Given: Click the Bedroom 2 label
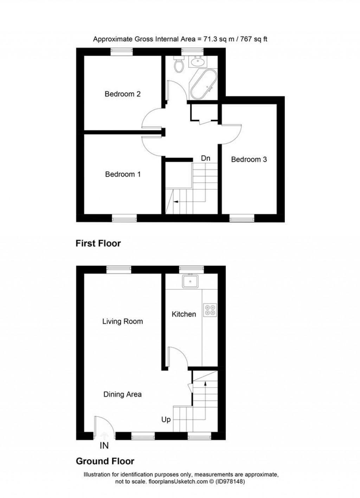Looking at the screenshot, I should tap(122, 94).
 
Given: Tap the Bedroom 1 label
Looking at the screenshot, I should tap(123, 174).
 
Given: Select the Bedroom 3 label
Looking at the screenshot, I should tap(249, 160).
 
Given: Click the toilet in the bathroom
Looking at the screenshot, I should tap(179, 65).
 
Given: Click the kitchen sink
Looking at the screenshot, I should tap(190, 281).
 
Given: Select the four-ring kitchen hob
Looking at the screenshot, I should tap(210, 309).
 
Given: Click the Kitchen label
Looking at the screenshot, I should tap(184, 314).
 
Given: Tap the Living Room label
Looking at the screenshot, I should tap(122, 321).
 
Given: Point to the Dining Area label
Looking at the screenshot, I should tap(122, 394).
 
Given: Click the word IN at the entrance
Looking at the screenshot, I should tap(104, 446).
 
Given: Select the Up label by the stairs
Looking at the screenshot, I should tap(166, 420).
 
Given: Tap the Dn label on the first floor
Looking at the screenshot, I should tap(205, 159).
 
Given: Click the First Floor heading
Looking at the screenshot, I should tap(98, 243).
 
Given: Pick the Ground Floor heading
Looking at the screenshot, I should tap(105, 461).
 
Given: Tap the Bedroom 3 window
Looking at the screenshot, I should tap(242, 219).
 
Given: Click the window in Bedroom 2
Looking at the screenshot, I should tap(122, 51).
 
